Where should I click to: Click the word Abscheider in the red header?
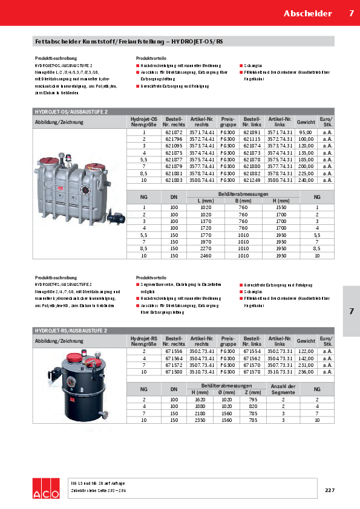click(x=308, y=13)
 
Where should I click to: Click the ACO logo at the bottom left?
click(x=47, y=489)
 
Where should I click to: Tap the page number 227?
click(x=329, y=490)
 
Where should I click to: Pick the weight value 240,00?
click(x=306, y=181)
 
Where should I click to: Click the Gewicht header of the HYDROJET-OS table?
click(x=306, y=122)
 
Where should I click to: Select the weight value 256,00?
click(x=306, y=372)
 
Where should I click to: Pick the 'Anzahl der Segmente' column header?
click(x=283, y=389)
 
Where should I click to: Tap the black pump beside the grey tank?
click(x=117, y=214)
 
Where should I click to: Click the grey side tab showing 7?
click(x=351, y=311)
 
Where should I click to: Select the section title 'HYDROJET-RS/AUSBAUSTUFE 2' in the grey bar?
click(x=71, y=331)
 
